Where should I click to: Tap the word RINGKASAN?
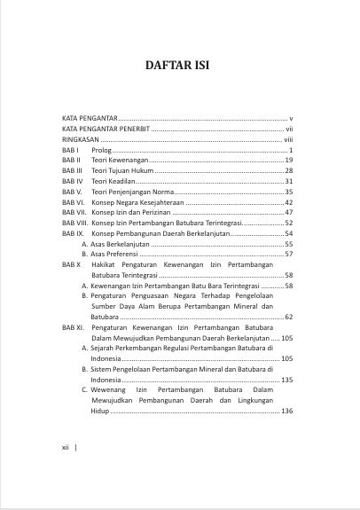tap(81, 140)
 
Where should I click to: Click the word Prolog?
tap(100, 151)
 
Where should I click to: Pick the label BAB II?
tap(72, 160)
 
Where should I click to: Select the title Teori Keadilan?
tap(114, 181)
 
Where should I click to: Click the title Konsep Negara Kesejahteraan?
tap(137, 202)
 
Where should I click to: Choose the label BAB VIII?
tap(74, 223)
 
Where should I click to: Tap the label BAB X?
tap(72, 265)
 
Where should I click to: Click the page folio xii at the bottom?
tap(66, 448)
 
